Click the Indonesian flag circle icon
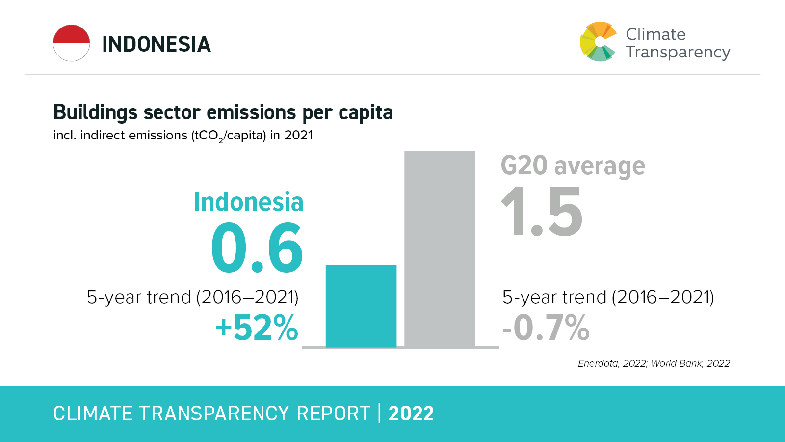(72, 43)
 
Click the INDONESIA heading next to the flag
(156, 44)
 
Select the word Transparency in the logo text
(678, 52)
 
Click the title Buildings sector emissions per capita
(223, 112)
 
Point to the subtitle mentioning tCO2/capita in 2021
(183, 136)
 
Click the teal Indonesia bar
(361, 305)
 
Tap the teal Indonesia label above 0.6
(248, 202)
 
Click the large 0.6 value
(257, 248)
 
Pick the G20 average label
(573, 166)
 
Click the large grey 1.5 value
(542, 213)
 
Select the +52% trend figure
(257, 328)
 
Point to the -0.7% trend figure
(546, 328)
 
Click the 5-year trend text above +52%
(192, 297)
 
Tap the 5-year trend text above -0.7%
(608, 297)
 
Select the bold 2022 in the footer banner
(411, 414)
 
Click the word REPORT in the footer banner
(333, 414)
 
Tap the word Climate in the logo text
(655, 34)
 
